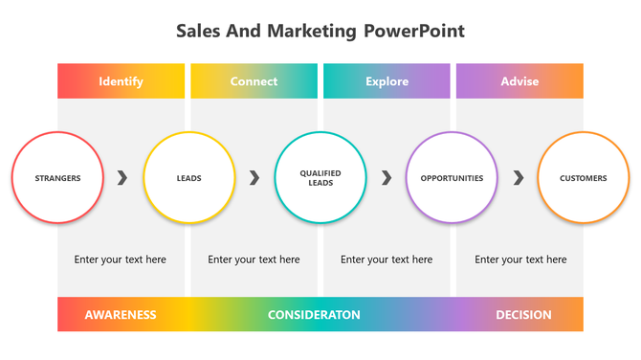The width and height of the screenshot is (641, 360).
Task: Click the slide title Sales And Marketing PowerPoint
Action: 320,31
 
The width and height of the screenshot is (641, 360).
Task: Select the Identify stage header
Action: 121,81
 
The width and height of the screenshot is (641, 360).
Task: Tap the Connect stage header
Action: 254,81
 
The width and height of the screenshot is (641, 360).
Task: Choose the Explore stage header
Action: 387,81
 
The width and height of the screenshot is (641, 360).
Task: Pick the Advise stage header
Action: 519,81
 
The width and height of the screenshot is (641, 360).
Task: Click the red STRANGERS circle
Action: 57,178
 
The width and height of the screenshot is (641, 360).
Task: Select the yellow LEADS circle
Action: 188,178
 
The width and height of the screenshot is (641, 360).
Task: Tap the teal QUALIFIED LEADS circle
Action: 320,178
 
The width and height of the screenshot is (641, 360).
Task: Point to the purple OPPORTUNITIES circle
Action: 452,178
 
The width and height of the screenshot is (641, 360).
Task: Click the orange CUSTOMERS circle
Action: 583,178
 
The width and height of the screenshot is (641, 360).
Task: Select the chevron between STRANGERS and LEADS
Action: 122,178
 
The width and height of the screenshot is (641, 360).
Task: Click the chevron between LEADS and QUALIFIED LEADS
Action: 254,178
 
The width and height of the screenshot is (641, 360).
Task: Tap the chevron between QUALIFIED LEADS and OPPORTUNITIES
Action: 387,178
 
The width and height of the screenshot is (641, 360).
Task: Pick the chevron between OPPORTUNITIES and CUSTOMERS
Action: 519,178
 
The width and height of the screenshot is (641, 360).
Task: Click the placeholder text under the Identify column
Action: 121,259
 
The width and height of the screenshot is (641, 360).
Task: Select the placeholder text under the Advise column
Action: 520,259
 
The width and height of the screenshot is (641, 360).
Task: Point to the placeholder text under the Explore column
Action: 387,259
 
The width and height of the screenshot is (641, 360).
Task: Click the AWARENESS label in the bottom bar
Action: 121,315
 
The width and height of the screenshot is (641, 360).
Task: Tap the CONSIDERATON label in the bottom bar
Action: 314,315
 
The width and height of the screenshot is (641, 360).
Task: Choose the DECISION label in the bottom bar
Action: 523,315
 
